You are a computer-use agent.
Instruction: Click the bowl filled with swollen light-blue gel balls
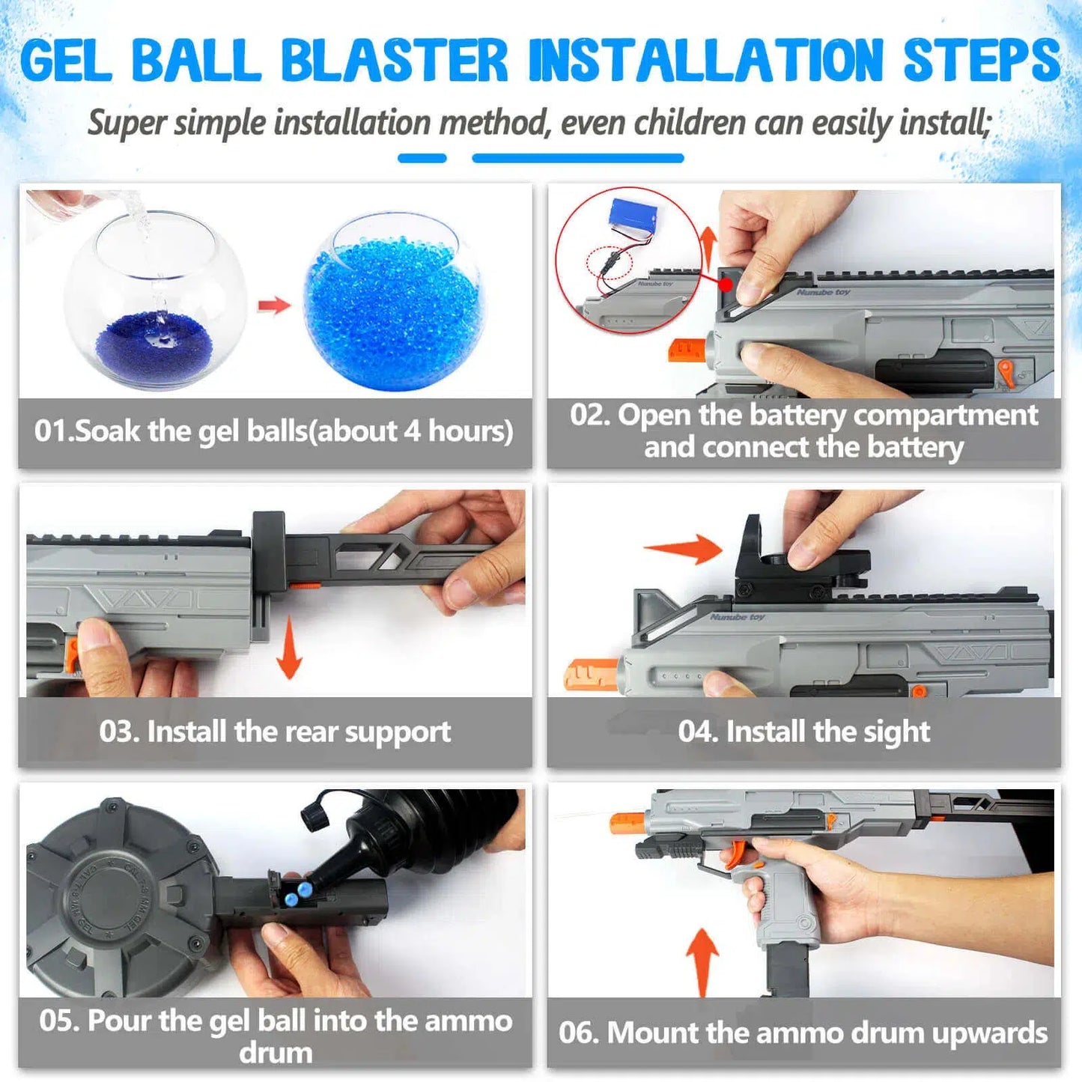point(393,303)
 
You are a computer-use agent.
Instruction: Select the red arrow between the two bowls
point(273,306)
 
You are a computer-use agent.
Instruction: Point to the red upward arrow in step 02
point(708,248)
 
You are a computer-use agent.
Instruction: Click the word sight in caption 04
point(896,732)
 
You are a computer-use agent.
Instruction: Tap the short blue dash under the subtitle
point(422,158)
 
